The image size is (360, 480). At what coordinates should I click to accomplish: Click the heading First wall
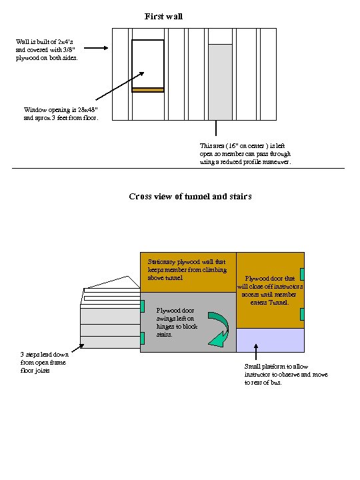163,16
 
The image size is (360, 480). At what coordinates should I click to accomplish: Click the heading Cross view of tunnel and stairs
190,196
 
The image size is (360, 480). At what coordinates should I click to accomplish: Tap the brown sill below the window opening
148,90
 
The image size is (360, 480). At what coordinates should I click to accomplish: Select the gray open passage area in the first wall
220,82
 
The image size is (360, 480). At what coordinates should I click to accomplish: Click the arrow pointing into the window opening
120,86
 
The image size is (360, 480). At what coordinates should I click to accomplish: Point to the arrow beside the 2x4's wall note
96,48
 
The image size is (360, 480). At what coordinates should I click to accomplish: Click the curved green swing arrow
218,329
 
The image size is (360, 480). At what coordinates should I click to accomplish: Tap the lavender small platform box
270,341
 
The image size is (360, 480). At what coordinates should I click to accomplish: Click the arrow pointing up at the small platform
256,351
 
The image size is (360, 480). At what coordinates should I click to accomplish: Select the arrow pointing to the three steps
78,348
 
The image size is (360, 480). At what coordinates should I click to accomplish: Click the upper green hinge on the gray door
143,306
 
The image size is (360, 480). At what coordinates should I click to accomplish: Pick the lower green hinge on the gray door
143,338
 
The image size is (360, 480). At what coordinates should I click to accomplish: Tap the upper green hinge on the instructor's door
302,274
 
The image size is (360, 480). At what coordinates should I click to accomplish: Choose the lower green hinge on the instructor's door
302,315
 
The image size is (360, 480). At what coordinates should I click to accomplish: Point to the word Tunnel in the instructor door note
278,303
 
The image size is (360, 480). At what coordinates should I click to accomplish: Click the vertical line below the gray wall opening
216,128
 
